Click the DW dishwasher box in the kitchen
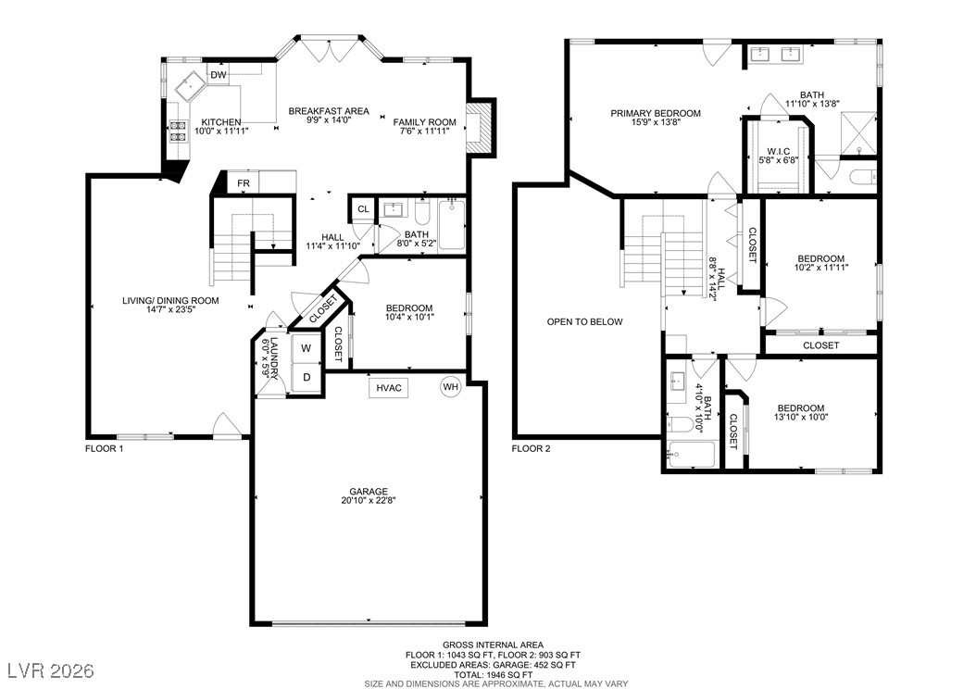[x=219, y=75]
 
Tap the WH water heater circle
[x=450, y=387]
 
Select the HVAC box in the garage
[x=389, y=387]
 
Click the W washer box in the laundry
[x=305, y=349]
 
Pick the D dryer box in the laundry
[x=305, y=378]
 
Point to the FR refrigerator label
[x=244, y=183]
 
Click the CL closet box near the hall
[x=364, y=209]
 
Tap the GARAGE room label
[x=369, y=491]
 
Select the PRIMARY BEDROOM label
[x=656, y=113]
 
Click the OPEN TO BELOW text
[x=584, y=322]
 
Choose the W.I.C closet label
[x=779, y=151]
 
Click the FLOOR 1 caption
[x=105, y=448]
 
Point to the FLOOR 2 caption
[x=532, y=448]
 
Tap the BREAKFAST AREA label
[x=329, y=111]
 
